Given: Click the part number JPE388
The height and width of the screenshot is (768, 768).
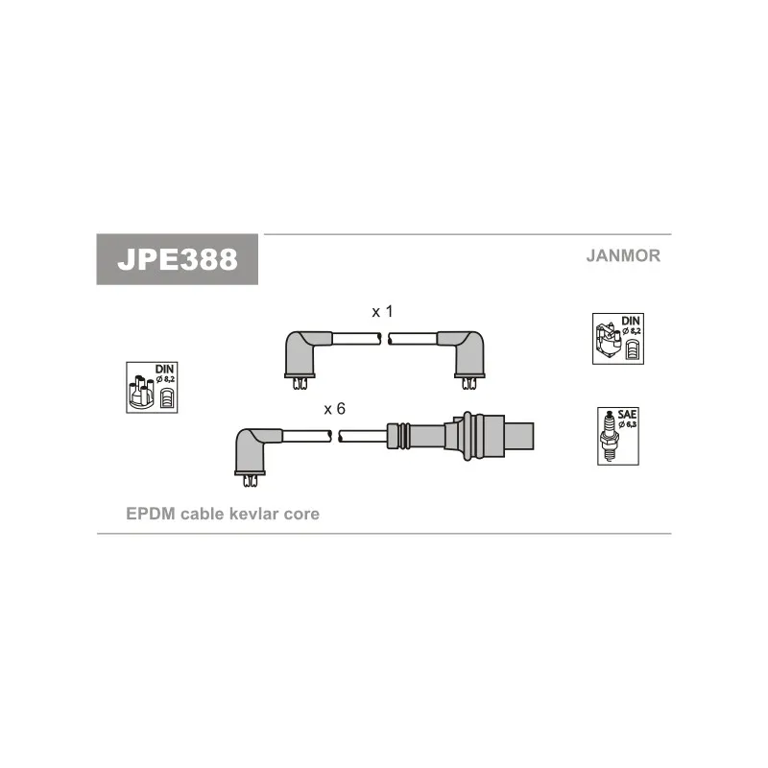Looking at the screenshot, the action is tap(178, 259).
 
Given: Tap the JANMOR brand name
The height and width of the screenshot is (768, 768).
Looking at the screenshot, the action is tap(623, 255).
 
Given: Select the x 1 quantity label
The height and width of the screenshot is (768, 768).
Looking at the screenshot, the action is tap(382, 311).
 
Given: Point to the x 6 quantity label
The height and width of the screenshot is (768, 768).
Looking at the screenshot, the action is tap(334, 409).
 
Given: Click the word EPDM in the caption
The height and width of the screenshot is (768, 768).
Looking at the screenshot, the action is tap(151, 514).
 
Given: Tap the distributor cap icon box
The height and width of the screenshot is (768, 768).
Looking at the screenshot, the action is tap(152, 388).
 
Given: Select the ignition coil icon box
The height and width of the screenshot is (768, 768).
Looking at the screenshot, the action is tap(618, 339).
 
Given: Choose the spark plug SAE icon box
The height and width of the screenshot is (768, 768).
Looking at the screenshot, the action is tap(618, 436).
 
